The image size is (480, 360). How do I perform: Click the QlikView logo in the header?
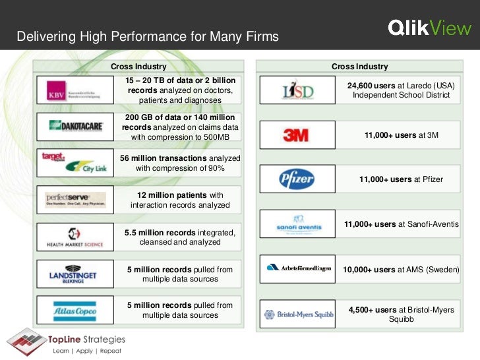[x=429, y=28]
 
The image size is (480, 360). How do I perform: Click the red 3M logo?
[x=295, y=135]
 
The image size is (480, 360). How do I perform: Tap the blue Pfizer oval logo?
[x=295, y=179]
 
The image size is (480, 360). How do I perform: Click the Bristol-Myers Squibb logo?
[x=299, y=315]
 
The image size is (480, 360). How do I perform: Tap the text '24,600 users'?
[x=371, y=86]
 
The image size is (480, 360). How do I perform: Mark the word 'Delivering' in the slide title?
[x=43, y=36]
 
